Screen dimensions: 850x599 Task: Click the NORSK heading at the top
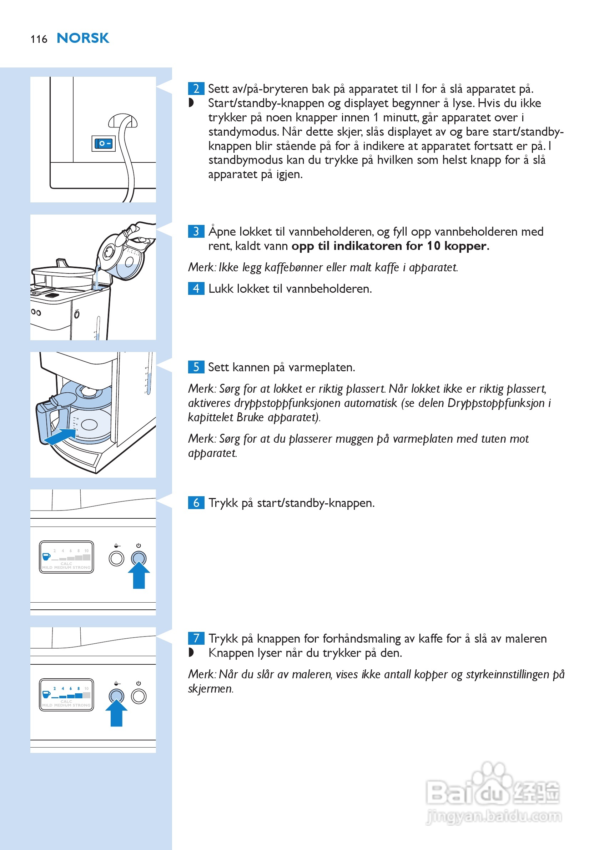[82, 38]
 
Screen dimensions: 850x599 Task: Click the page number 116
[39, 39]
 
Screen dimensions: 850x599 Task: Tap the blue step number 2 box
[196, 89]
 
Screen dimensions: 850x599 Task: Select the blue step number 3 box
[196, 231]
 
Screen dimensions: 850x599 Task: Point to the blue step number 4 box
[196, 288]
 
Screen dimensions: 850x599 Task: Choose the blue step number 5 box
[196, 367]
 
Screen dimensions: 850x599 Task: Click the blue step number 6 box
[196, 503]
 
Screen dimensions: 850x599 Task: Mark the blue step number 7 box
[196, 638]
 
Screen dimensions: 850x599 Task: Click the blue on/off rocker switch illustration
[103, 144]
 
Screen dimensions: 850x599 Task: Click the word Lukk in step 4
[221, 289]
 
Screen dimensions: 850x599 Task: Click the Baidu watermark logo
[492, 789]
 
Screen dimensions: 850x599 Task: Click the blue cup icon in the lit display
[46, 694]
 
